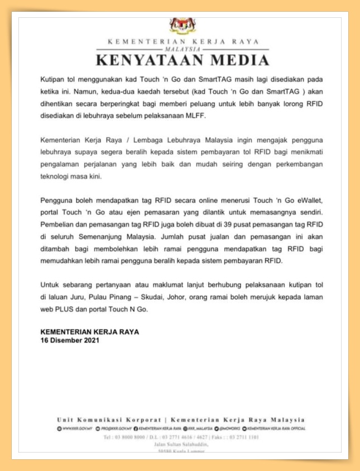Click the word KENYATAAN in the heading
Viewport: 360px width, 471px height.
pos(146,60)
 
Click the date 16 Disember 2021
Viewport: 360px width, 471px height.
pos(70,340)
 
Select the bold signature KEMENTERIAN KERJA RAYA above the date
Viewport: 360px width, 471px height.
pos(90,332)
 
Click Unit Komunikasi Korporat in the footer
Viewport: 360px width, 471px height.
pos(109,420)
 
